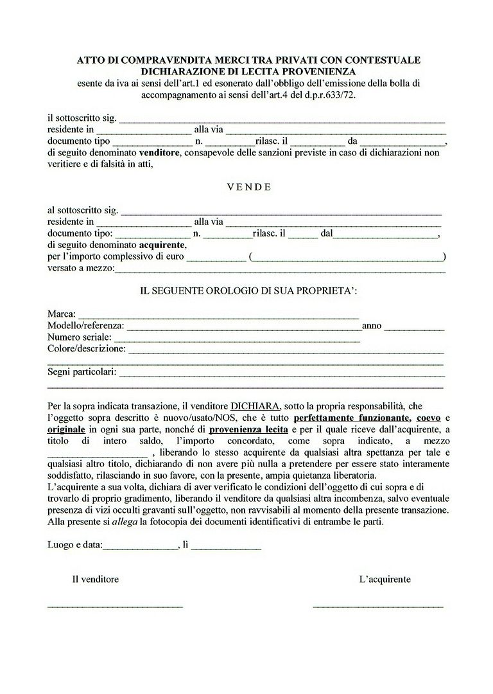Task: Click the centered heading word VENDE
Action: click(249, 188)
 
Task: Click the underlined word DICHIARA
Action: click(255, 406)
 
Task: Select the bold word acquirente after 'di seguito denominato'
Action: click(162, 245)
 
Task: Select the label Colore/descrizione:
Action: click(87, 348)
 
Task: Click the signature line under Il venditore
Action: click(115, 606)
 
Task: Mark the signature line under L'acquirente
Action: click(377, 606)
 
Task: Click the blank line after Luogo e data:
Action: click(141, 548)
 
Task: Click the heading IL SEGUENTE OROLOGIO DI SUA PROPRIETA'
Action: click(249, 291)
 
